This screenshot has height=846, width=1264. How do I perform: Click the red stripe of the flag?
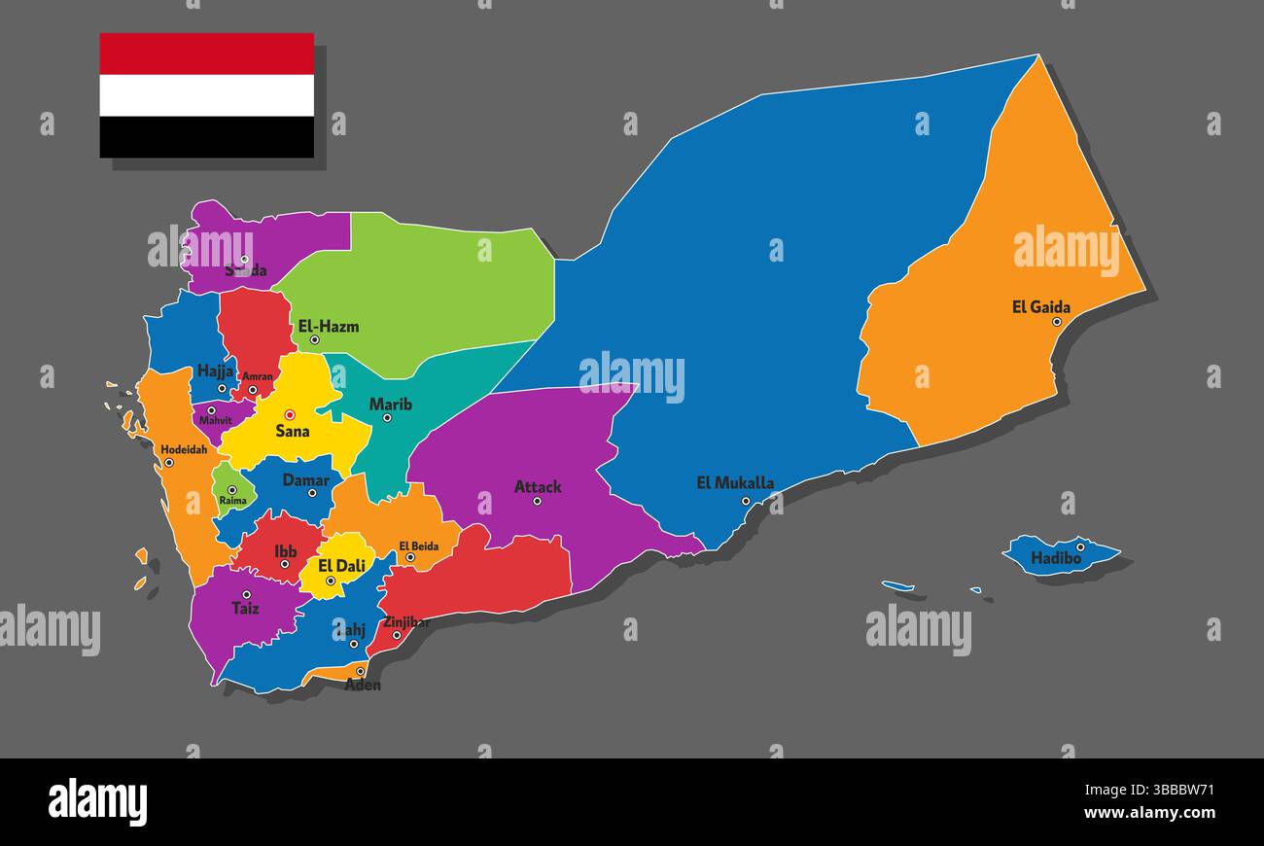206,53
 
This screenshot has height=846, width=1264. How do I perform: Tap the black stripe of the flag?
206,137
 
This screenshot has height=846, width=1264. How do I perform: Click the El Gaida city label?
1040,307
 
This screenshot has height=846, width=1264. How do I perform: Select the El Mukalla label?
735,482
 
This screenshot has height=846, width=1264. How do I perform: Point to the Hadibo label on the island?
1056,558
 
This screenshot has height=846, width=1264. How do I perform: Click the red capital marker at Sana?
289,415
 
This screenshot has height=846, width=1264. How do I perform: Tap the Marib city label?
390,405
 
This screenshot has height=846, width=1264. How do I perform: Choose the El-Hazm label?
329,327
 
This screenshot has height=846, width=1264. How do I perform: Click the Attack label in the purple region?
538,487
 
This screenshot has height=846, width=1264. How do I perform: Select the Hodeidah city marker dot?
169,463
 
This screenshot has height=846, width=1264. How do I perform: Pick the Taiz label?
245,609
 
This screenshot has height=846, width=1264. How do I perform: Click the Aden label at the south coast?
363,685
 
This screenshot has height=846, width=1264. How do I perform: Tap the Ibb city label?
286,551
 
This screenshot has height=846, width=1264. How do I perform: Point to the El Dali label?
341,565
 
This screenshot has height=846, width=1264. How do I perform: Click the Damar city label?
305,479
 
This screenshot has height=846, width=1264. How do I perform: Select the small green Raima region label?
232,501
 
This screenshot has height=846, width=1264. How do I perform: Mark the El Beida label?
418,546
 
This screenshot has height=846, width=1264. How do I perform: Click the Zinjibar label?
406,622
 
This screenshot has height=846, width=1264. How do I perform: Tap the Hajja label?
216,370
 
